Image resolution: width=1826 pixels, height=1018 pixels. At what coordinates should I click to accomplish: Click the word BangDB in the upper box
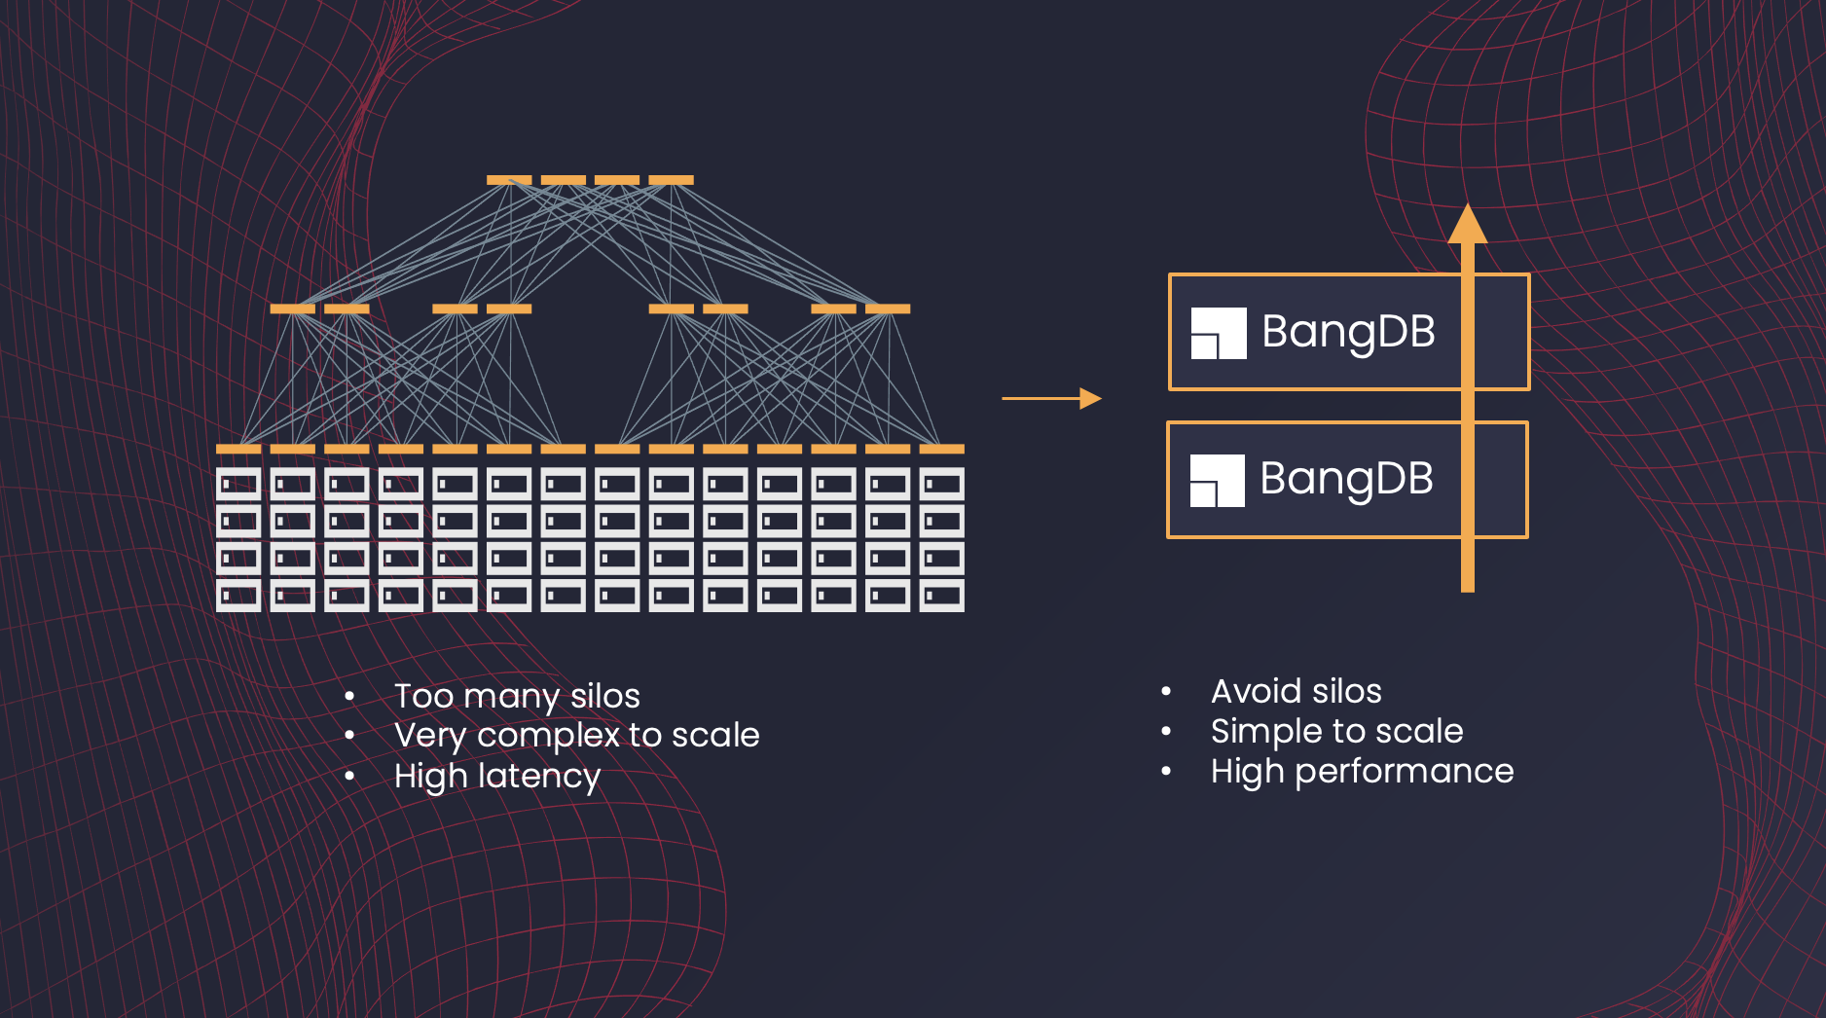click(x=1348, y=332)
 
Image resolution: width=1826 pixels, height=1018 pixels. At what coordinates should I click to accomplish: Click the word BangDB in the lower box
click(x=1346, y=479)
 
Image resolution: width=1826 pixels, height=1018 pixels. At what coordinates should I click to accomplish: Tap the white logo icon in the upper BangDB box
click(x=1219, y=333)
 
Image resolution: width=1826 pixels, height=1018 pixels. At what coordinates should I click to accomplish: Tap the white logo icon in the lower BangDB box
click(x=1217, y=480)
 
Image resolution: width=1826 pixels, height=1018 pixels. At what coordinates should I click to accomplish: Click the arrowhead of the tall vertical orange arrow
click(x=1467, y=225)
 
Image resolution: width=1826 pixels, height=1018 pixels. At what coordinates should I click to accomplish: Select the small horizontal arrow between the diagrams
click(x=1051, y=398)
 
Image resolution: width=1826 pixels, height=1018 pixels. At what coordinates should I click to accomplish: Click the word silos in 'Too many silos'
click(x=604, y=696)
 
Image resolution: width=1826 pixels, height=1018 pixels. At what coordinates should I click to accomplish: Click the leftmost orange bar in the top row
click(x=509, y=180)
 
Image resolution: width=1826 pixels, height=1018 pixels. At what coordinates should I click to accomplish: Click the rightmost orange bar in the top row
click(x=671, y=180)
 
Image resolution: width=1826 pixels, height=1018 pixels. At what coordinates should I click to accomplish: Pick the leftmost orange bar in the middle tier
click(x=292, y=309)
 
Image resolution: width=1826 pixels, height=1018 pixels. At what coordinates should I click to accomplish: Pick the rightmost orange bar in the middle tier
click(x=888, y=309)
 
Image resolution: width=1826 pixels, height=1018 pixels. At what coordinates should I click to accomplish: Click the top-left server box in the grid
click(x=238, y=484)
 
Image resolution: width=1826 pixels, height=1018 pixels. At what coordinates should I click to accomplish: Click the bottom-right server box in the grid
click(x=941, y=595)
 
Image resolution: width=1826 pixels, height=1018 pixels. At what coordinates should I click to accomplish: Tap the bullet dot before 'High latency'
click(x=349, y=776)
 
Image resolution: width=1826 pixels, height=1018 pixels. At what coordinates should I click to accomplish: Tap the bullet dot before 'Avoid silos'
click(x=1166, y=691)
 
